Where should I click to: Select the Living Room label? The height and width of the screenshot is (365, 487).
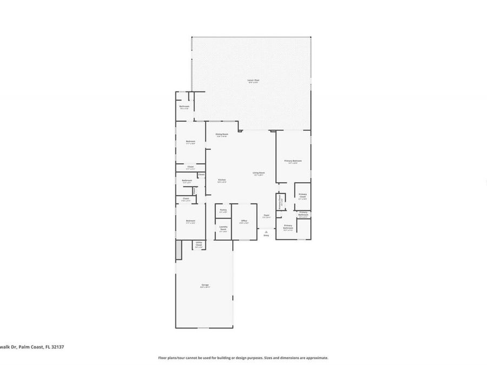coord(258,173)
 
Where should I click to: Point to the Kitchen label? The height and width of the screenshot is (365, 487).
coord(222,180)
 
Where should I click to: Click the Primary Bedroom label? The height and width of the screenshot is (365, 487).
coord(293,161)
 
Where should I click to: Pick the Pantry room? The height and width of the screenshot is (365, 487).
coord(223,210)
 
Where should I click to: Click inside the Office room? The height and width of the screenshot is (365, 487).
coord(244,221)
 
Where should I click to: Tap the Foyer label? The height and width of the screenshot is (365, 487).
coord(266,216)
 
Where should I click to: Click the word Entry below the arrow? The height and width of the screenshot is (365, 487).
coord(266,235)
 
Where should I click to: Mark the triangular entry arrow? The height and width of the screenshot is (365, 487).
coord(266,230)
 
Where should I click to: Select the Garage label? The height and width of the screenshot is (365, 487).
coord(205,285)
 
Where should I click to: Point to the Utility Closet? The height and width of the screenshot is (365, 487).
coord(199,244)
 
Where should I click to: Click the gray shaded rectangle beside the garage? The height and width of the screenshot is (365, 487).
coord(178,251)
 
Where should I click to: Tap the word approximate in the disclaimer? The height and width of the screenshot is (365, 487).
coord(317,357)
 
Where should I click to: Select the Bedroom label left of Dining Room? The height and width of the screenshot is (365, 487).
coord(190,142)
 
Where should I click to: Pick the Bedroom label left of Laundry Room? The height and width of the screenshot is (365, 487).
coord(190,221)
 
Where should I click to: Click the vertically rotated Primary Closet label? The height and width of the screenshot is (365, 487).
coord(281,203)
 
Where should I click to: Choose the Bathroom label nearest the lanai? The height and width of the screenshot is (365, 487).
coord(184,107)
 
